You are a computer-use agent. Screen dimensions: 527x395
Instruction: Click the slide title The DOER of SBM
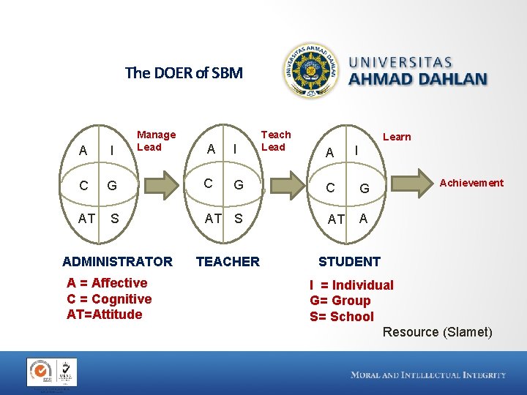click(x=184, y=73)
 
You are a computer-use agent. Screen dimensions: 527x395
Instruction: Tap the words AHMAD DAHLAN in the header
click(x=418, y=79)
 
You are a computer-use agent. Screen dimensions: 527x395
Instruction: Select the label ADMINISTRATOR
click(x=118, y=262)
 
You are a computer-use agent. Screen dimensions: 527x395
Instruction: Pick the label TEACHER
click(x=228, y=262)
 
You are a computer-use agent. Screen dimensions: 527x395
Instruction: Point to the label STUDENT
click(x=349, y=262)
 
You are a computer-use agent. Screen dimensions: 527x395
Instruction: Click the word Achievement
click(x=471, y=183)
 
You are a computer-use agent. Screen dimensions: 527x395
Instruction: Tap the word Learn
click(x=397, y=137)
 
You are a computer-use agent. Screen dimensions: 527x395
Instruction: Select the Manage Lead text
click(x=156, y=140)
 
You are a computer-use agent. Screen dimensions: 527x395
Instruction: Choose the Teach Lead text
click(x=276, y=140)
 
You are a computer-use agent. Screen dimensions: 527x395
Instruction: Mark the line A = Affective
click(x=107, y=283)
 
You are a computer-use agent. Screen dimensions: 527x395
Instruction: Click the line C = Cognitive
click(x=109, y=299)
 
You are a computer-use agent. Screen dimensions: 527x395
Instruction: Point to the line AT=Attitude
click(x=105, y=315)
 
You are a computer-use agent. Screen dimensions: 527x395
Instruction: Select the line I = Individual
click(x=351, y=285)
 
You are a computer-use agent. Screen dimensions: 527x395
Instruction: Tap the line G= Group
click(x=340, y=301)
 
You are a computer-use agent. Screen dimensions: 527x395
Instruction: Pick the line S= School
click(x=342, y=317)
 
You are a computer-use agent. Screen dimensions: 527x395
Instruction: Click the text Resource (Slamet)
click(x=438, y=332)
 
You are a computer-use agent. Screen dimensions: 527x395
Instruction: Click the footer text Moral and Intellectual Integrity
click(x=428, y=375)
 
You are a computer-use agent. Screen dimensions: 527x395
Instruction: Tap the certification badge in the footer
click(x=52, y=372)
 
